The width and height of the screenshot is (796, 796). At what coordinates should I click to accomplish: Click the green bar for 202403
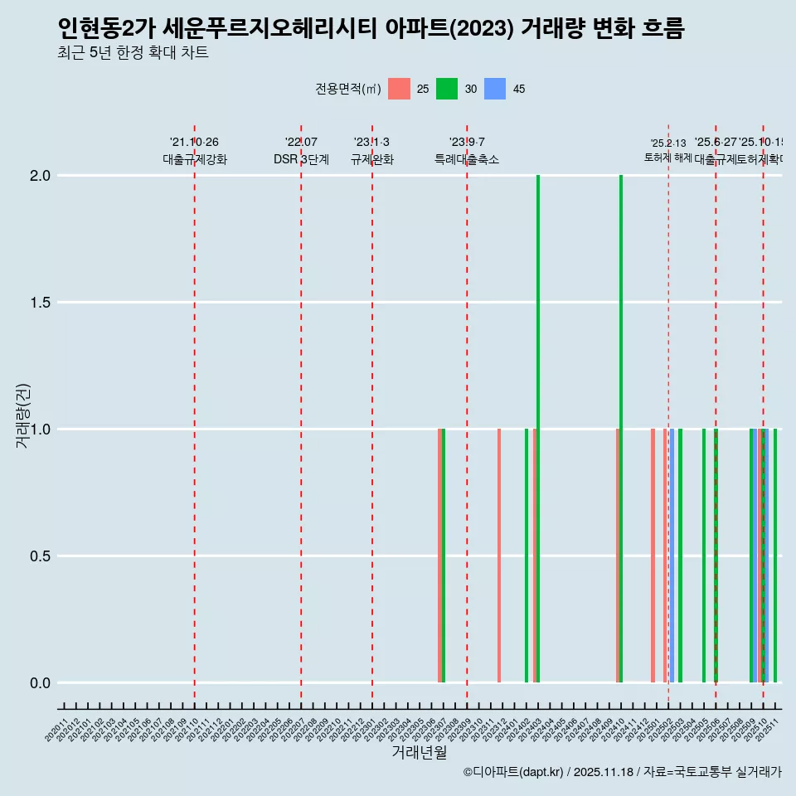click(x=538, y=429)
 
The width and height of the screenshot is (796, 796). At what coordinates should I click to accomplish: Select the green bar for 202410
click(x=621, y=429)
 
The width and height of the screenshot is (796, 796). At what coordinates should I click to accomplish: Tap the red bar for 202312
click(x=499, y=556)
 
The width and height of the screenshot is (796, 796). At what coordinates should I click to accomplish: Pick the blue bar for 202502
click(x=672, y=556)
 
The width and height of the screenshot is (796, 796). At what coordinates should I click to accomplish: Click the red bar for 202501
click(x=653, y=556)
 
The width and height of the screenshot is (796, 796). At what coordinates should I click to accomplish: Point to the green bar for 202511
click(x=775, y=556)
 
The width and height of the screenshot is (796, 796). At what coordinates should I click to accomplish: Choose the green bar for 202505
click(x=704, y=556)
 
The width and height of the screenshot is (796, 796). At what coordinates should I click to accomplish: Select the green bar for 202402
click(x=527, y=556)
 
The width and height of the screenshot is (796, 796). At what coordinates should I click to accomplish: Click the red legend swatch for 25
click(x=399, y=89)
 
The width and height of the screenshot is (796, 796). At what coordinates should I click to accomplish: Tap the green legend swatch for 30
click(x=447, y=89)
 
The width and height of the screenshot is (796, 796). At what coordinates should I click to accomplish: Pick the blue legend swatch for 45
click(x=495, y=89)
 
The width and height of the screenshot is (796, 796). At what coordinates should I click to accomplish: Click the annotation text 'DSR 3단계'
click(x=301, y=160)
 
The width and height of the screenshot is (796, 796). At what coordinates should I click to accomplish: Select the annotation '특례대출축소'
click(x=467, y=160)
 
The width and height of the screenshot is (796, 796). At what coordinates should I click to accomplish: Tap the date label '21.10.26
click(x=194, y=143)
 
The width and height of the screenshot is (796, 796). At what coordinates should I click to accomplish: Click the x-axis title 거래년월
click(x=420, y=753)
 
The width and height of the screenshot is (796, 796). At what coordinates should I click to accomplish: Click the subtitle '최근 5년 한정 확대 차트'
click(x=133, y=53)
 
